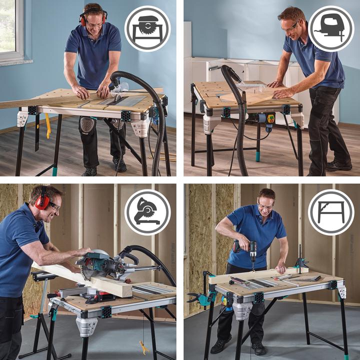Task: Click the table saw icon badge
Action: click(x=147, y=28)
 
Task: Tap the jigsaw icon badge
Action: click(x=330, y=28)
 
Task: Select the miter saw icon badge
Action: click(x=147, y=212)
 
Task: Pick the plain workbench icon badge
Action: click(x=330, y=212)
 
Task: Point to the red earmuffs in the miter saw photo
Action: click(x=42, y=201)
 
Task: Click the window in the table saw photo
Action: click(x=11, y=30)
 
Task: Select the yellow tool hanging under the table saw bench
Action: click(x=48, y=125)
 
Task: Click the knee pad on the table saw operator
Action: click(x=87, y=125)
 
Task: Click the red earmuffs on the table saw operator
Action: click(x=83, y=18)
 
